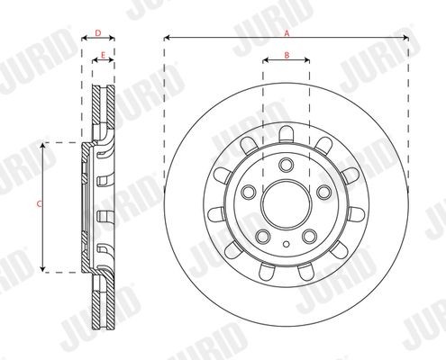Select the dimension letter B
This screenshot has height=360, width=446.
[286, 56]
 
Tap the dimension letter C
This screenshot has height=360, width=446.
[38, 205]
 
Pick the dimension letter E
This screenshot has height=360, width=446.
[103, 56]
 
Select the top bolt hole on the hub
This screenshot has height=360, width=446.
[286, 165]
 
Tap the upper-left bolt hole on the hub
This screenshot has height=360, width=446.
[249, 192]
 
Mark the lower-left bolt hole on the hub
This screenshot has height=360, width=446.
[263, 235]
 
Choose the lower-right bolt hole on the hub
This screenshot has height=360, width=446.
[309, 235]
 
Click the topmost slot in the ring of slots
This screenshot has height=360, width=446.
[286, 135]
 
